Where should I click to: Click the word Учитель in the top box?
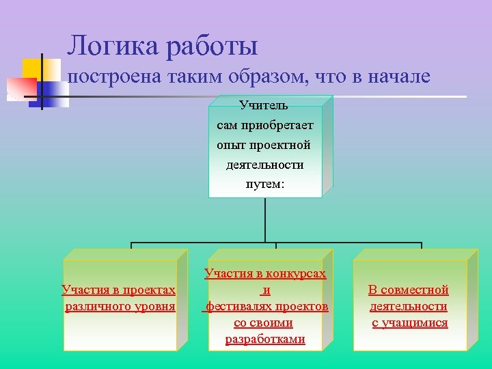click(264, 105)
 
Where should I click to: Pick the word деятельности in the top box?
click(264, 165)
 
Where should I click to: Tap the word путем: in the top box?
click(264, 184)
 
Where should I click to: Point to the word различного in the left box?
click(99, 306)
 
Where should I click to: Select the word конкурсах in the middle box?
click(292, 273)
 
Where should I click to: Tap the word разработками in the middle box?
click(265, 339)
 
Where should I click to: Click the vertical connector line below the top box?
click(264, 220)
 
